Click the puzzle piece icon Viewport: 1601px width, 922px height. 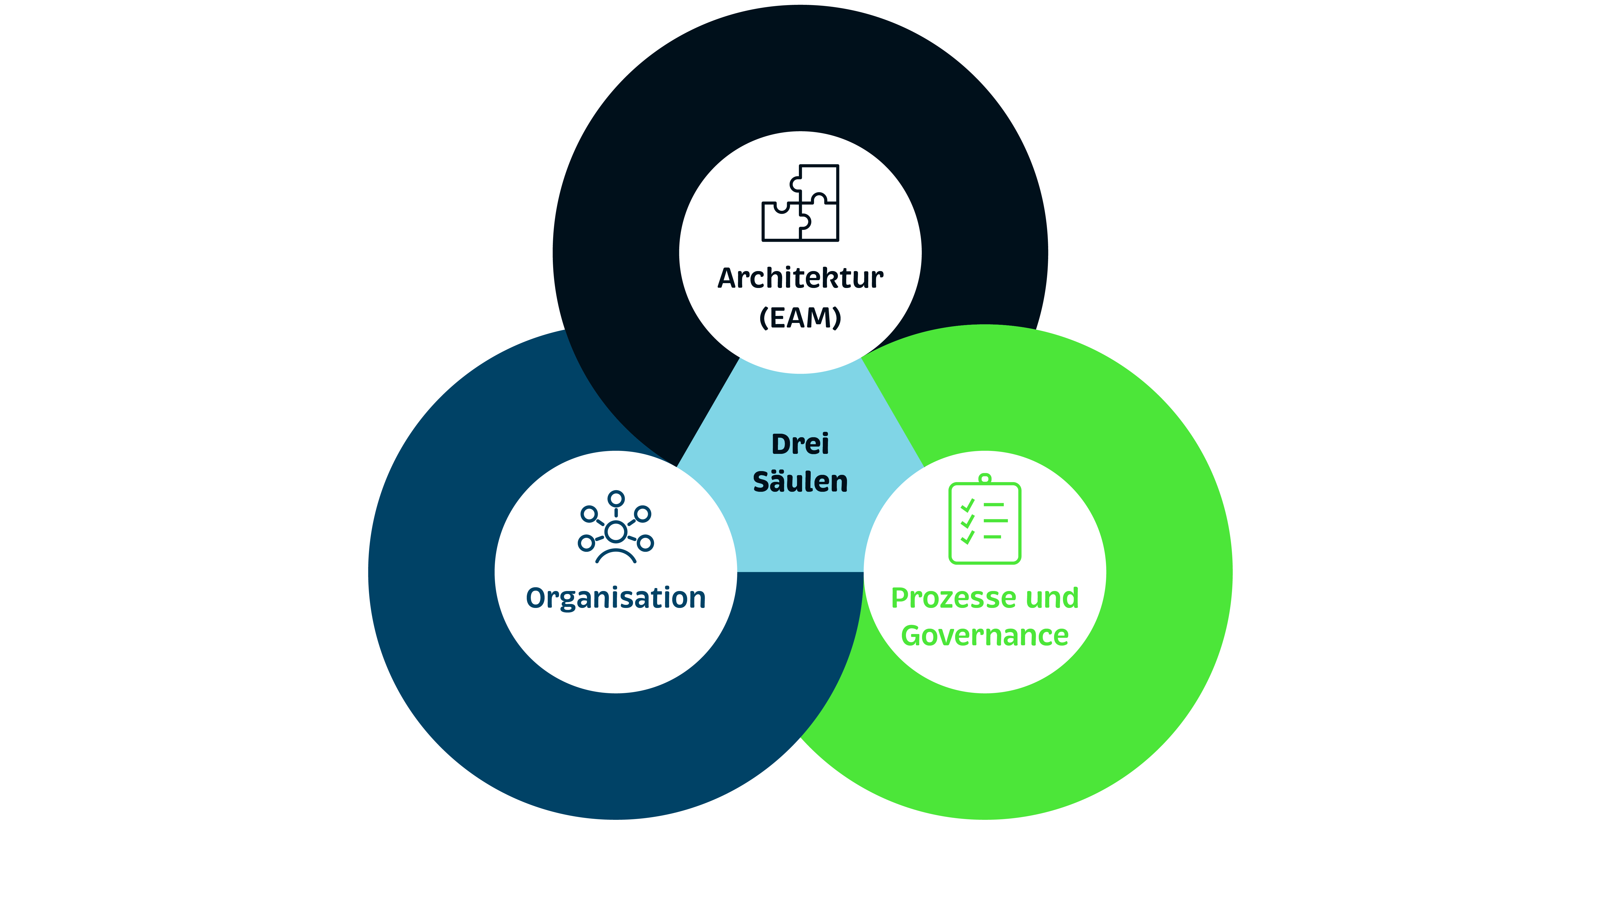800,203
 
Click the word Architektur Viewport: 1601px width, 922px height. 800,278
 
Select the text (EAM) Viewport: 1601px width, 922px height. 800,317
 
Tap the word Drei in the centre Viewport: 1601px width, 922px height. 800,444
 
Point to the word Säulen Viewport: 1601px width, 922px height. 800,481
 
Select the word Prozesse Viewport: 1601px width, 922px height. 954,598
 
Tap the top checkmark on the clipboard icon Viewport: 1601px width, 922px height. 967,505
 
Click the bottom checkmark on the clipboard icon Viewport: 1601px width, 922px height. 967,537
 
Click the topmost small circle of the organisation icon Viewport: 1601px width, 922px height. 616,498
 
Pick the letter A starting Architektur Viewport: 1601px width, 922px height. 727,278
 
